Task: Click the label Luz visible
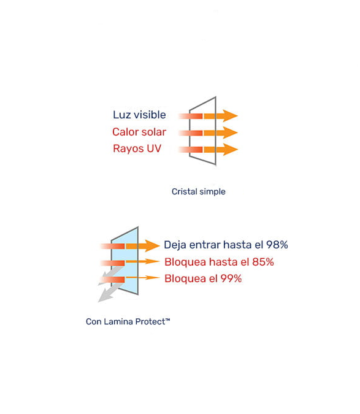[x=139, y=115]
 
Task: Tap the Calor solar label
[x=139, y=132]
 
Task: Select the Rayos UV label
[x=137, y=148]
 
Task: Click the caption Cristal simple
[x=199, y=191]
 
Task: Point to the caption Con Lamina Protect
[x=128, y=321]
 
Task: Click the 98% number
[x=277, y=245]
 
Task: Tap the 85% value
[x=263, y=262]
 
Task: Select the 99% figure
[x=231, y=278]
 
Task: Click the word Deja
[x=175, y=245]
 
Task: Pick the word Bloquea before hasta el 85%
[x=185, y=262]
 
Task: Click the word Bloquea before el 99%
[x=185, y=278]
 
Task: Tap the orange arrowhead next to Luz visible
[x=230, y=116]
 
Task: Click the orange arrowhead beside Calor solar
[x=230, y=132]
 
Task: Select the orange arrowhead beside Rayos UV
[x=230, y=150]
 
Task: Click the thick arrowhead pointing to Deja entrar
[x=152, y=246]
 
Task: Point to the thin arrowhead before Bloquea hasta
[x=153, y=262]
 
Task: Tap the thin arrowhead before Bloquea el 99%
[x=153, y=277]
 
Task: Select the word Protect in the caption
[x=150, y=321]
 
